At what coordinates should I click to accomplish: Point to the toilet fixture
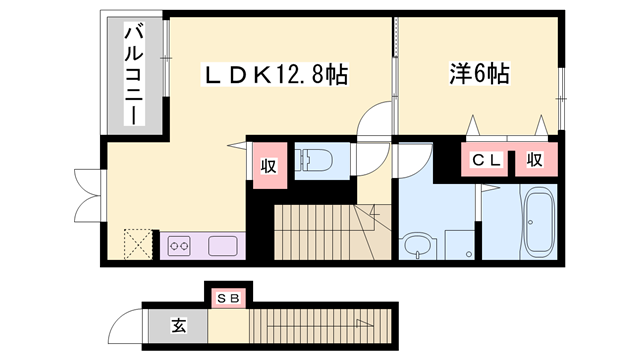tap(318, 161)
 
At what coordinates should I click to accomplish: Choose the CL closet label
tap(486, 160)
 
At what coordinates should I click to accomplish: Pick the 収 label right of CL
tap(535, 160)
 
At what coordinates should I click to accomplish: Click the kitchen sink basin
tap(222, 245)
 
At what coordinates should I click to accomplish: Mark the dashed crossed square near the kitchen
tap(135, 245)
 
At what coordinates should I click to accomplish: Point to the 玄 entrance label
tap(177, 325)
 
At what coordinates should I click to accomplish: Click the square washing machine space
tap(460, 244)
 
